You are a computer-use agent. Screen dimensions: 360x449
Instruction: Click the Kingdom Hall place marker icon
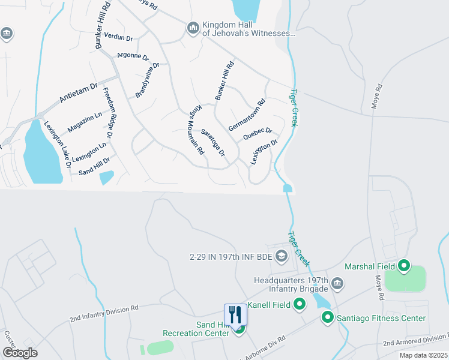click(x=193, y=28)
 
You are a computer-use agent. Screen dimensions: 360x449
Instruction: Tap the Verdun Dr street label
click(x=118, y=37)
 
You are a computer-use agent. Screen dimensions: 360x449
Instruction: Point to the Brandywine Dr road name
click(x=147, y=80)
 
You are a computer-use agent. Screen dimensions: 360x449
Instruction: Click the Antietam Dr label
click(x=78, y=92)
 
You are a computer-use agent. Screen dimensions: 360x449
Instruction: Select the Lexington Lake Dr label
click(x=58, y=144)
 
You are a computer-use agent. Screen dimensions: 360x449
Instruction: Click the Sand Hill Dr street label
click(x=95, y=167)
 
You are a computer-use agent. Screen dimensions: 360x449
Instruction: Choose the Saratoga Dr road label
click(x=213, y=143)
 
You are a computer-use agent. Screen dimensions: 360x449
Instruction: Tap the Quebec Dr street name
click(x=258, y=133)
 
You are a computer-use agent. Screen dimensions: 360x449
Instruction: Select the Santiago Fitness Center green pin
click(x=328, y=317)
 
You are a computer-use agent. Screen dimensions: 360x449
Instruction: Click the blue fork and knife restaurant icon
click(x=235, y=314)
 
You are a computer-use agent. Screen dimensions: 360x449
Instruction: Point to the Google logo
click(x=20, y=352)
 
